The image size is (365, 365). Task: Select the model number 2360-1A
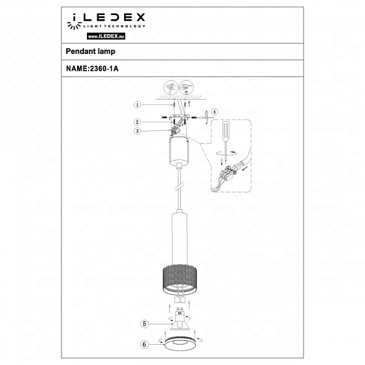point(103,68)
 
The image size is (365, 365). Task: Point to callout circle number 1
point(137,105)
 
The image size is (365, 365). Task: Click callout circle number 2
point(137,122)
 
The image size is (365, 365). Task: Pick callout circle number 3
point(137,131)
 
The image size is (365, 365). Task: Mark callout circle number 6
point(145,343)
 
